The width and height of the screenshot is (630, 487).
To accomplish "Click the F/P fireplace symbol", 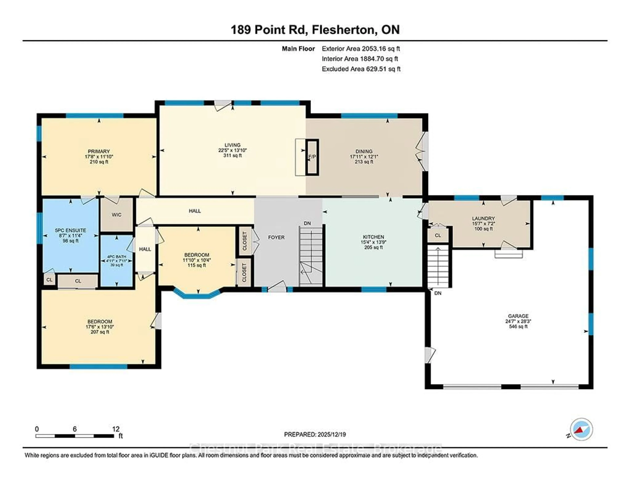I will [x=312, y=157].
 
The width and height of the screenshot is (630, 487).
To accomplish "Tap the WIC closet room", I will [x=116, y=215].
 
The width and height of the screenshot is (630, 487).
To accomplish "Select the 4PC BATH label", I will [x=116, y=256].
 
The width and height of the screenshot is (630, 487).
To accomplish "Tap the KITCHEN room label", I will [x=374, y=237].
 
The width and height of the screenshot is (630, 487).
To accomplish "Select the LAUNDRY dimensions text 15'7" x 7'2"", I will [x=483, y=224].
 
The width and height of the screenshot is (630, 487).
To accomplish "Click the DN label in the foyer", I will [x=307, y=223].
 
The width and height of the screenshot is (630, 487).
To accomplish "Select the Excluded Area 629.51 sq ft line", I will [x=361, y=69].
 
